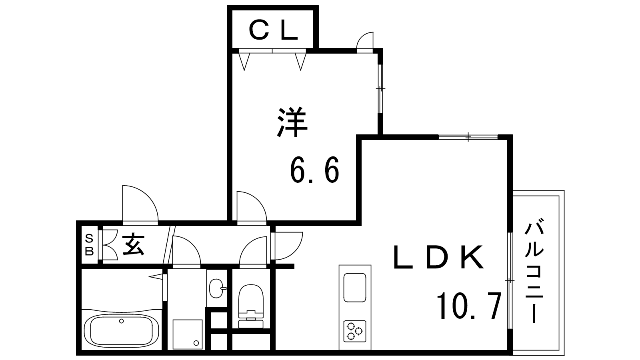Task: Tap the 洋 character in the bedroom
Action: tap(292, 123)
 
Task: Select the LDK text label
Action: tap(438, 257)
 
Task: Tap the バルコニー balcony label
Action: tap(534, 270)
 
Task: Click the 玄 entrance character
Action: tap(133, 244)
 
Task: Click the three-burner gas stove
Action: tap(355, 331)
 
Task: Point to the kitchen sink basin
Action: tap(355, 288)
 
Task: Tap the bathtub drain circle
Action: tap(122, 321)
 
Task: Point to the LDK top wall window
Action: tap(468, 137)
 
